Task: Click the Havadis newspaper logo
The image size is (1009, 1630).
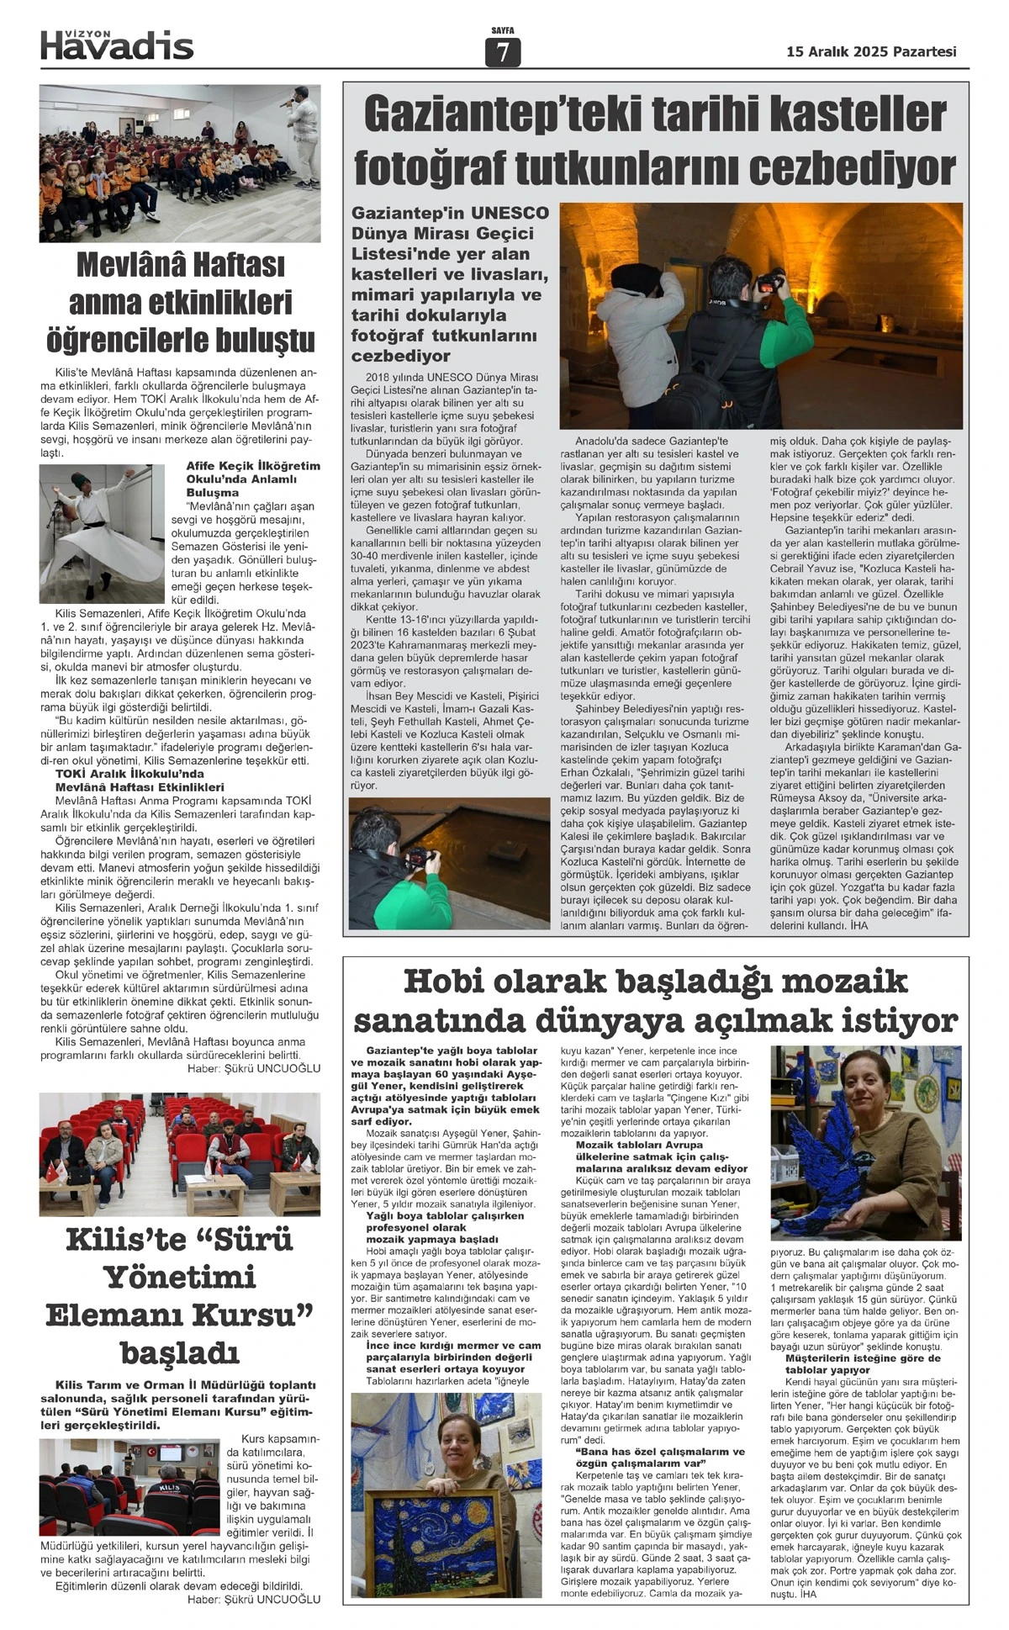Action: (x=117, y=45)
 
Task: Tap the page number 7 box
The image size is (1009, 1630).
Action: (x=503, y=52)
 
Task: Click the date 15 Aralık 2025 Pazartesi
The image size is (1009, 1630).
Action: (x=871, y=52)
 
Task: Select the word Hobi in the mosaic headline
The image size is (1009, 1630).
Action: (x=445, y=981)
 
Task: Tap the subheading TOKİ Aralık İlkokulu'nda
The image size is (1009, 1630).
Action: (x=129, y=773)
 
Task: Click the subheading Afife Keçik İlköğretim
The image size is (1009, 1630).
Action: (x=253, y=466)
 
